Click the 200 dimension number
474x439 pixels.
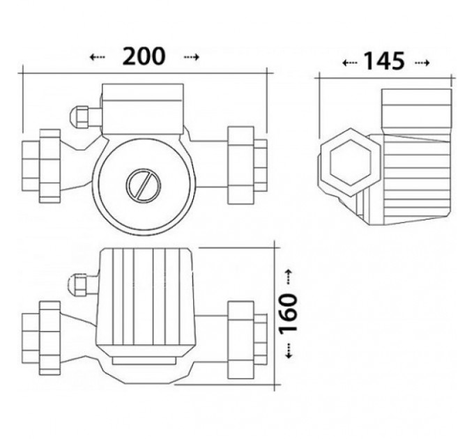click(144, 56)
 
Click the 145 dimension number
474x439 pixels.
click(384, 61)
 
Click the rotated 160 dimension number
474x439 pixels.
click(289, 314)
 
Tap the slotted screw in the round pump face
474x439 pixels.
click(144, 185)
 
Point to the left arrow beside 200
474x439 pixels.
click(98, 57)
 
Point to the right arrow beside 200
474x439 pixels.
click(192, 57)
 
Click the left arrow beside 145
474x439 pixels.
click(350, 63)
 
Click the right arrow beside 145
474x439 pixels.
click(422, 63)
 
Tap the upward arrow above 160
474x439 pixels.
click(289, 277)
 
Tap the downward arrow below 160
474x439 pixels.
click(289, 351)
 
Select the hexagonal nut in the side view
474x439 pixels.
click(351, 162)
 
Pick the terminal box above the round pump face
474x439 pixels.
click(143, 109)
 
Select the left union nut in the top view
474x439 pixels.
click(50, 166)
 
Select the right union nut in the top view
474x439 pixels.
click(240, 165)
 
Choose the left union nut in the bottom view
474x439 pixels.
click(50, 338)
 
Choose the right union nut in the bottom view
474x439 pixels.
click(240, 340)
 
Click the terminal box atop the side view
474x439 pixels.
click(417, 111)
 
